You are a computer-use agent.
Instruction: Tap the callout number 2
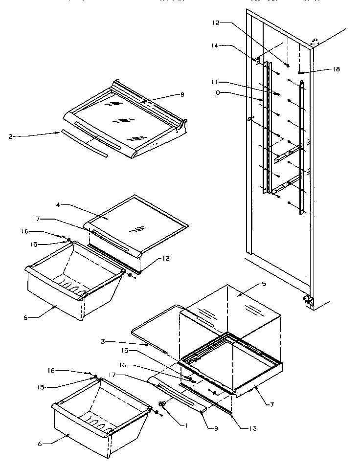coord(11,137)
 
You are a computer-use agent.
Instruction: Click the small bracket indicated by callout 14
coord(256,61)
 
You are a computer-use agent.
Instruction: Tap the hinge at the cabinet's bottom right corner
coord(307,300)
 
